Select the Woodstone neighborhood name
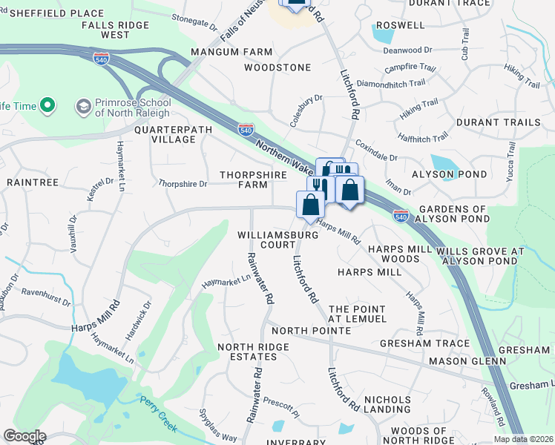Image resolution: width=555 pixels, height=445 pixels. click(278, 67)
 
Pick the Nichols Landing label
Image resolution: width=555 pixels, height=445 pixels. click(387, 403)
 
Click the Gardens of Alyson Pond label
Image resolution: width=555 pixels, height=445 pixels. click(454, 214)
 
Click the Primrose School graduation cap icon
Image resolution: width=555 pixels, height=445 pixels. click(83, 107)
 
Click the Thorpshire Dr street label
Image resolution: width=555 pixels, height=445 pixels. click(183, 182)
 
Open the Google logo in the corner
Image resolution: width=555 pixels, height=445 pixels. click(24, 436)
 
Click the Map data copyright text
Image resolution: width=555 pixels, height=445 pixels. click(523, 439)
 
